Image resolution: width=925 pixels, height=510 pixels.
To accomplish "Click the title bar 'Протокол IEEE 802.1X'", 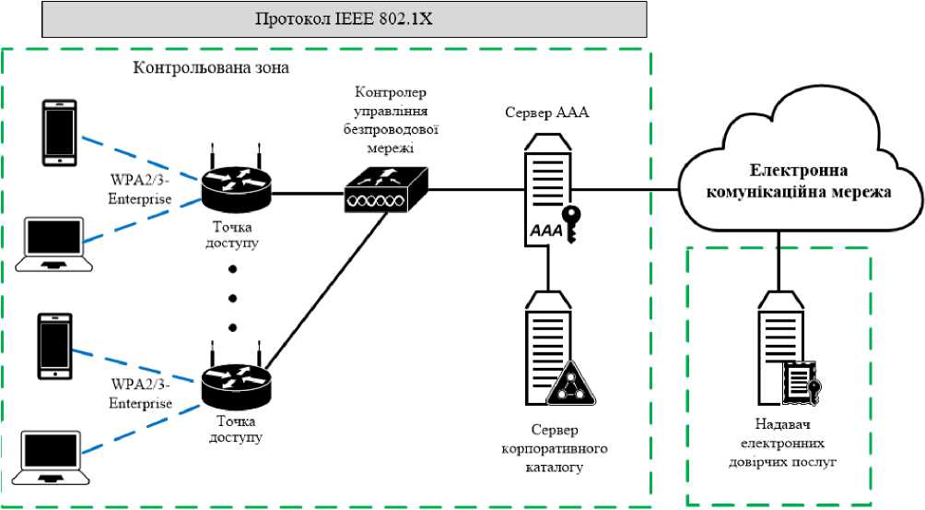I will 344,19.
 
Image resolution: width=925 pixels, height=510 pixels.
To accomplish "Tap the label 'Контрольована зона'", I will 212,68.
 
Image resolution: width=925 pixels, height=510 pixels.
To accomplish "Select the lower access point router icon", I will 236,381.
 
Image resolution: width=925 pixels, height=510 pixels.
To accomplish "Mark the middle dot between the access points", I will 232,298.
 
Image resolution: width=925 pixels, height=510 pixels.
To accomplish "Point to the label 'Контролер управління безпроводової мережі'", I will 385,118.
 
